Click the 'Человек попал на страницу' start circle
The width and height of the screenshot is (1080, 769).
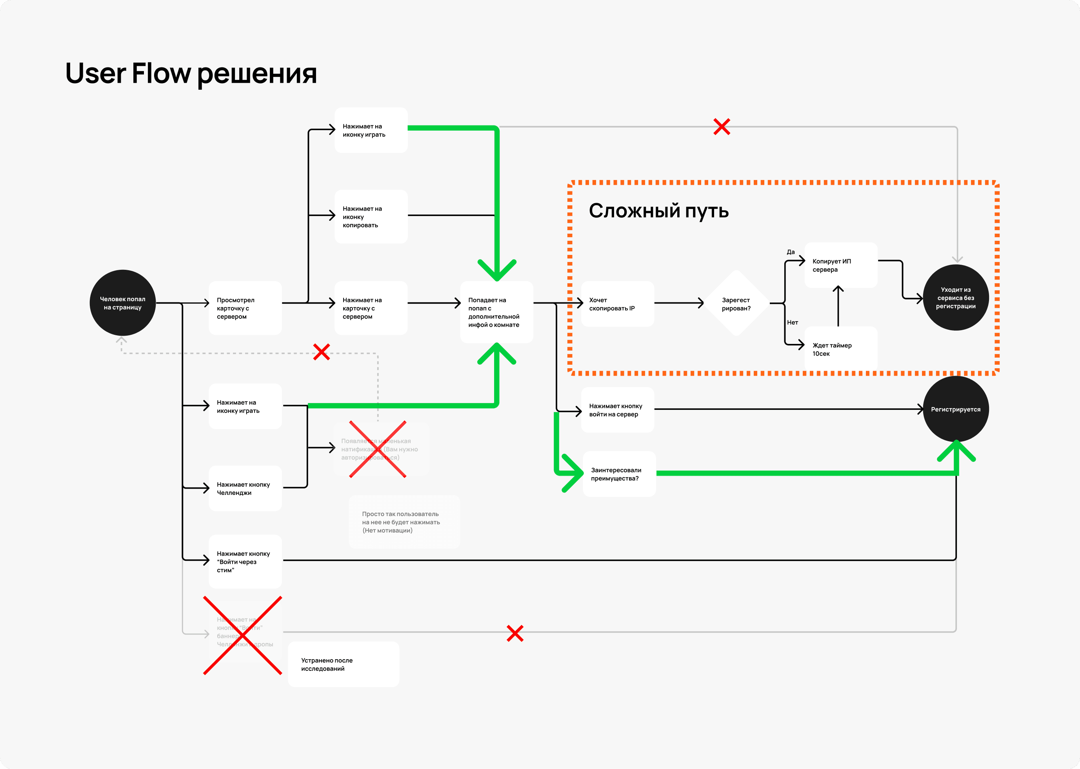123,303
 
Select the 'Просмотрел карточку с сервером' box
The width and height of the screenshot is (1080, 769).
245,308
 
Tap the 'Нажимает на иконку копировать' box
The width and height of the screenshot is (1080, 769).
371,217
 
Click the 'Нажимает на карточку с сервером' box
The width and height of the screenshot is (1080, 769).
371,308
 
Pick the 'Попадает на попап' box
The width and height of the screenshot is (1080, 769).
496,312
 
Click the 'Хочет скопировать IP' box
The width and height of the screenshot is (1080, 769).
617,304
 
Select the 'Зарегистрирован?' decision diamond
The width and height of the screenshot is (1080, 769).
736,304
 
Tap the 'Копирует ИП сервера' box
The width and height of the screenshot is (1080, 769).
841,265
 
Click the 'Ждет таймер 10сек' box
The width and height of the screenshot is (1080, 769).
841,349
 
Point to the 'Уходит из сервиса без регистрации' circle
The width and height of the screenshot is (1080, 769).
955,298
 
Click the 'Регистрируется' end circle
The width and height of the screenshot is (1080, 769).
955,409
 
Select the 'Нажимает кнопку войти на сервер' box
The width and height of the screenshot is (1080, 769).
617,410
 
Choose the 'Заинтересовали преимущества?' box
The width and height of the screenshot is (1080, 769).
619,474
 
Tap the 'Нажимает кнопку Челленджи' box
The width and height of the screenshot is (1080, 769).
245,489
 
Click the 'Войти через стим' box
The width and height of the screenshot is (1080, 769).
245,562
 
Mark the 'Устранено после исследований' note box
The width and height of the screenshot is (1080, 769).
343,664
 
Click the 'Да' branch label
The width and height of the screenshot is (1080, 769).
791,252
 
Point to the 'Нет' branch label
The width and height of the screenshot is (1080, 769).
793,322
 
